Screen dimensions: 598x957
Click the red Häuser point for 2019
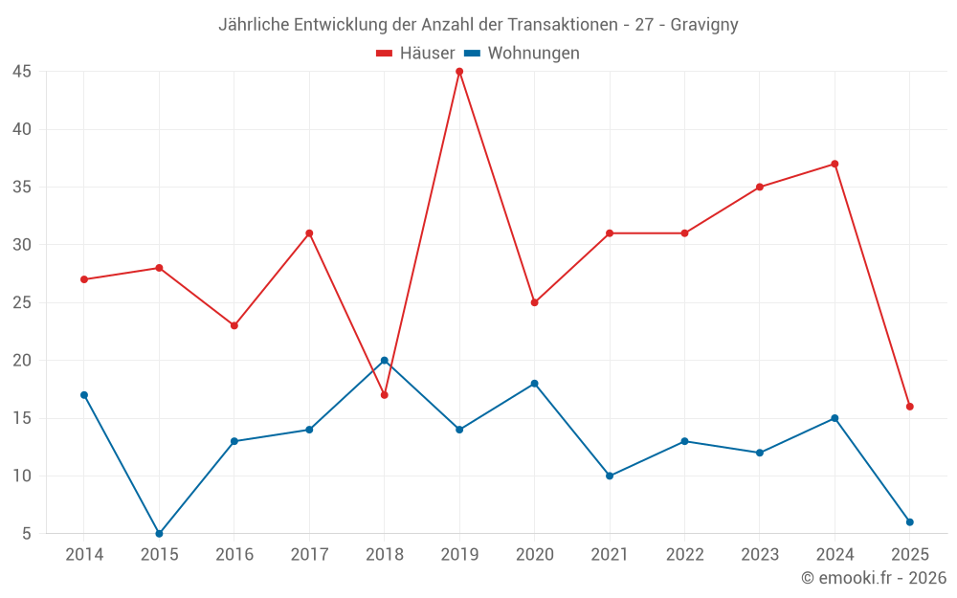pos(459,72)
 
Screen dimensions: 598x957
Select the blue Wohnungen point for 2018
pos(385,361)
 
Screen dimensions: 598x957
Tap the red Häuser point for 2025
pos(910,407)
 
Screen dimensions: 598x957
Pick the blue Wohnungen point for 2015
pos(159,534)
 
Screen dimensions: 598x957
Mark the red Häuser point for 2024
pos(835,164)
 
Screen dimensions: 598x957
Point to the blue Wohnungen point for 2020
pos(535,384)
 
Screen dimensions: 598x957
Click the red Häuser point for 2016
pos(234,325)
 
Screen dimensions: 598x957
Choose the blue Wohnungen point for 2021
pos(610,476)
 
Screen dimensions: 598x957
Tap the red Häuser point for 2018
pos(385,395)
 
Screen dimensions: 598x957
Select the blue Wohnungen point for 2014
pos(84,395)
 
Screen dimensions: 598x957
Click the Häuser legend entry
pos(415,54)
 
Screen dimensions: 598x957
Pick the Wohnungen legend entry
pos(522,54)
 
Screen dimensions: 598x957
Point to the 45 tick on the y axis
pos(22,72)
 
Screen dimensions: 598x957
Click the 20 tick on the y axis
pos(22,361)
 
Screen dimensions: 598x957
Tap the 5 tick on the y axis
pos(27,534)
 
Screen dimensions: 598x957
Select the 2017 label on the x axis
pos(309,555)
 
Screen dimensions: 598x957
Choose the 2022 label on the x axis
pos(684,555)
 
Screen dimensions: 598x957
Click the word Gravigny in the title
pos(703,25)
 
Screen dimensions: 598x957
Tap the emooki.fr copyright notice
pos(874,578)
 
